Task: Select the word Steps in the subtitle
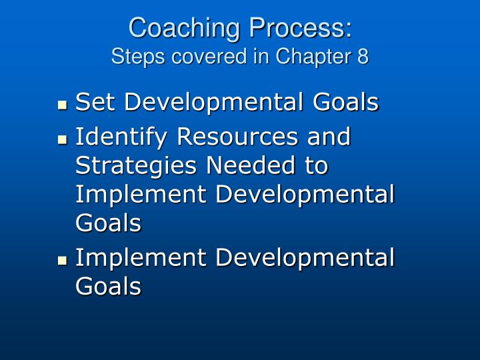pyautogui.click(x=132, y=57)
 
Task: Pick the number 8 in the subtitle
pyautogui.click(x=362, y=57)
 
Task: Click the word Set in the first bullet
pyautogui.click(x=95, y=103)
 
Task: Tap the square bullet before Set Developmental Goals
pyautogui.click(x=63, y=105)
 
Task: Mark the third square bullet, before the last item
pyautogui.click(x=63, y=259)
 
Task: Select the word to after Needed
pyautogui.click(x=317, y=165)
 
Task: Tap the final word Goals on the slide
pyautogui.click(x=108, y=286)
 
